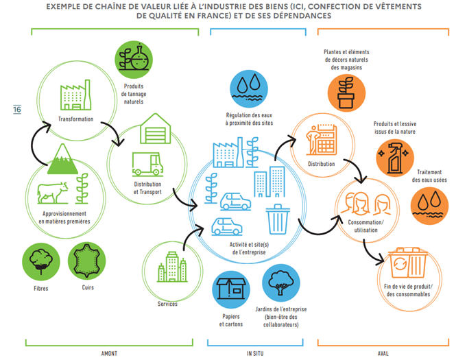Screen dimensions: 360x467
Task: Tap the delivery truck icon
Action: [147, 163]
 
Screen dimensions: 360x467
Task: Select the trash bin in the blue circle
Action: [277, 219]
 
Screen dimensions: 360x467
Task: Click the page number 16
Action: [16, 110]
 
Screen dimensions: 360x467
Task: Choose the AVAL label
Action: [383, 352]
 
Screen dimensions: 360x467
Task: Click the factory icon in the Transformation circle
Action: [73, 93]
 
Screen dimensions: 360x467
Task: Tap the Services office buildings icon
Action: [169, 265]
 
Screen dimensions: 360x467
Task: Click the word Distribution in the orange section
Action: [321, 164]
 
